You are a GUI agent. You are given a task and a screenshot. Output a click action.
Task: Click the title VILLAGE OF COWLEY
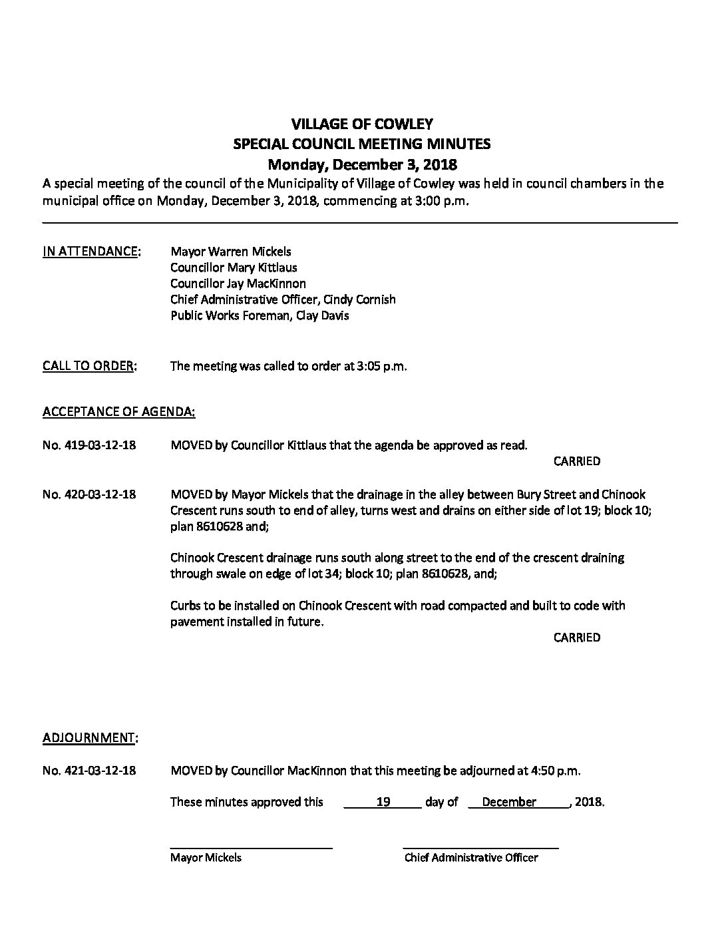pyautogui.click(x=362, y=124)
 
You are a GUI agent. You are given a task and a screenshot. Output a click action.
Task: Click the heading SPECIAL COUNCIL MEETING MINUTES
pyautogui.click(x=362, y=144)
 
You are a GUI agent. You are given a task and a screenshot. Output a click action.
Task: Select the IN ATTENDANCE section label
pyautogui.click(x=91, y=252)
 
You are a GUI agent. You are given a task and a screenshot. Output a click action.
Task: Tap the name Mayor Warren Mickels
pyautogui.click(x=230, y=252)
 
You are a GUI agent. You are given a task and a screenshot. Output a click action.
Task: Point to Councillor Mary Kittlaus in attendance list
pyautogui.click(x=234, y=268)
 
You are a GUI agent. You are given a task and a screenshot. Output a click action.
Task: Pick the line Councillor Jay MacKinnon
pyautogui.click(x=238, y=283)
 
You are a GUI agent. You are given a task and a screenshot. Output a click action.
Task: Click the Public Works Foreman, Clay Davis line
pyautogui.click(x=260, y=315)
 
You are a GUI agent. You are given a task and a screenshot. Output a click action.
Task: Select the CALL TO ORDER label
pyautogui.click(x=89, y=366)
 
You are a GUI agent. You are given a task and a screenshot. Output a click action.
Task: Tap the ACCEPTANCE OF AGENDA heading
pyautogui.click(x=118, y=412)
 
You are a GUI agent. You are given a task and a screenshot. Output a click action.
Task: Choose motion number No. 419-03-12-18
pyautogui.click(x=89, y=445)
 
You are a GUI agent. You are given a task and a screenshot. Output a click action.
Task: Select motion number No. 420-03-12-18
pyautogui.click(x=89, y=495)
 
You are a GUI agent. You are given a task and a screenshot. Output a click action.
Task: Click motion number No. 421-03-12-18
pyautogui.click(x=89, y=771)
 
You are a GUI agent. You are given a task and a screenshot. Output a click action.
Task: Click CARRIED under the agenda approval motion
pyautogui.click(x=576, y=461)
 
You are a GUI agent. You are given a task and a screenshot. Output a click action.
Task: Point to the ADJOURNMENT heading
pyautogui.click(x=90, y=738)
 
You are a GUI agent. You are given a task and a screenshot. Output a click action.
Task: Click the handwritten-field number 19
pyautogui.click(x=383, y=803)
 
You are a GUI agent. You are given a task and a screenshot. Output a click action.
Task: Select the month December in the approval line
pyautogui.click(x=509, y=803)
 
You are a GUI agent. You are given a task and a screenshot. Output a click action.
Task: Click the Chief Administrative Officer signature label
pyautogui.click(x=470, y=858)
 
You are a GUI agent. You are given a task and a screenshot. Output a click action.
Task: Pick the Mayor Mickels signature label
pyautogui.click(x=206, y=858)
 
